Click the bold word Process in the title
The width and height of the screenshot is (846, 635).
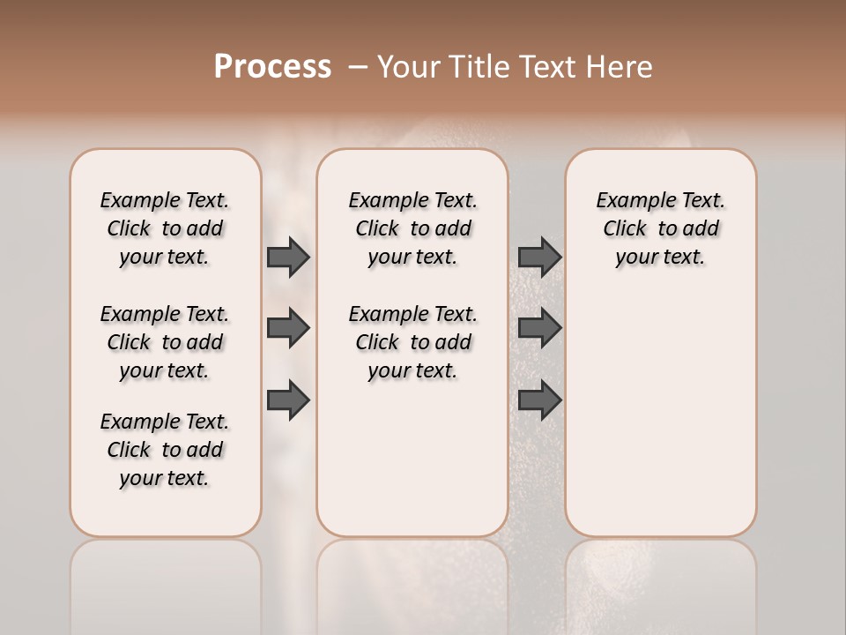(x=272, y=67)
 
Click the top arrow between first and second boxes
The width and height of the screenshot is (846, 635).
(x=288, y=257)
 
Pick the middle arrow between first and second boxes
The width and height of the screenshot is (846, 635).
(x=288, y=328)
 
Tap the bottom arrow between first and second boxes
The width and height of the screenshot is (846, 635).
(x=288, y=400)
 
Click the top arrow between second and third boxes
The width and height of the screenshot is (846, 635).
(x=539, y=257)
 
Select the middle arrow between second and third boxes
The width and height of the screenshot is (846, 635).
(x=539, y=328)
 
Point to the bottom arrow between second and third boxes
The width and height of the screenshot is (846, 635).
(x=539, y=400)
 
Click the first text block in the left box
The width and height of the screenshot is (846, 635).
(x=165, y=228)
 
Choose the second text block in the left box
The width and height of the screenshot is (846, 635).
(x=165, y=342)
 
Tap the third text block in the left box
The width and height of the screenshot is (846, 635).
(x=165, y=450)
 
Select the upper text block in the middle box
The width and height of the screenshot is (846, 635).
(x=412, y=228)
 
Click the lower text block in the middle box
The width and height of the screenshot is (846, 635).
(x=412, y=342)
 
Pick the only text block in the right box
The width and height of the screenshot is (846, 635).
(x=661, y=228)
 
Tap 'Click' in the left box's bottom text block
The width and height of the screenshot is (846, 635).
(x=129, y=450)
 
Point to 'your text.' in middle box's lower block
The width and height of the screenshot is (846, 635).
(x=412, y=371)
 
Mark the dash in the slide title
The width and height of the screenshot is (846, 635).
(x=358, y=67)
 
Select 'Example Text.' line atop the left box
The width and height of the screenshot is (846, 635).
(x=165, y=201)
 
